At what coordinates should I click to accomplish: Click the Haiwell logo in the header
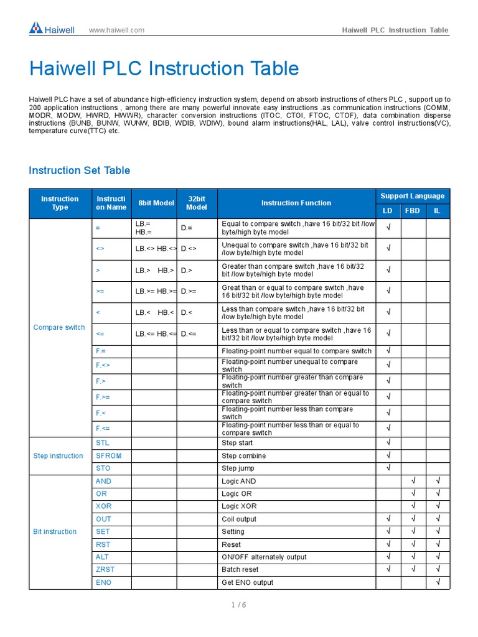point(52,29)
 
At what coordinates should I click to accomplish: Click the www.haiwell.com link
point(116,30)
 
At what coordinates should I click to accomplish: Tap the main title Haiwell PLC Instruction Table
point(164,69)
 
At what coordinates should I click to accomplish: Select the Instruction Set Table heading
point(80,170)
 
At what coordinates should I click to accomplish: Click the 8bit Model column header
point(156,203)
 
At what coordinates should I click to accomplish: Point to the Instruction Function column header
point(296,203)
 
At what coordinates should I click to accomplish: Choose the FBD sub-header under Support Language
point(412,211)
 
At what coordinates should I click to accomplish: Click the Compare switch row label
point(59,327)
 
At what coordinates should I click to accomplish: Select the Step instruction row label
point(58,456)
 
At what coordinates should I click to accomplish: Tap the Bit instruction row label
point(55,532)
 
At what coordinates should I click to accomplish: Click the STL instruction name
point(102,443)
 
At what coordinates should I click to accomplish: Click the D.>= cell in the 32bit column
point(189,291)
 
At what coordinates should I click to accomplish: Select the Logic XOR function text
point(239,506)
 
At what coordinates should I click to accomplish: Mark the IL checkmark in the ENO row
point(438,582)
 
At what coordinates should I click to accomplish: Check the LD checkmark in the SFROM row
point(388,456)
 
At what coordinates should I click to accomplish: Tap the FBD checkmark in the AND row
point(412,481)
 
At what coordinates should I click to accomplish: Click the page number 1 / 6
point(238,606)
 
